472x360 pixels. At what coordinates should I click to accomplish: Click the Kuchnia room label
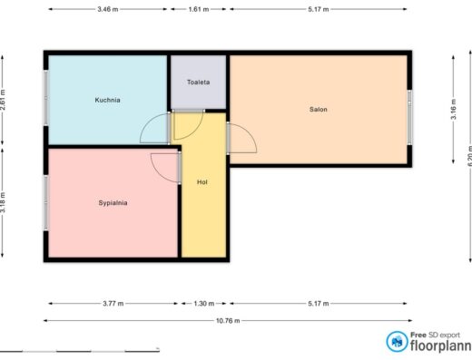pos(107,100)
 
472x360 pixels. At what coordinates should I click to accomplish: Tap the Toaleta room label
pos(198,83)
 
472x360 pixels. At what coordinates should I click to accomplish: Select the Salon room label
pos(319,110)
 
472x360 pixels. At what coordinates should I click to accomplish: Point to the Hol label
pos(202,182)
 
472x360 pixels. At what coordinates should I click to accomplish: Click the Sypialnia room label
pos(113,203)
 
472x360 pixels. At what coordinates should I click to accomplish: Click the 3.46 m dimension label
pos(108,9)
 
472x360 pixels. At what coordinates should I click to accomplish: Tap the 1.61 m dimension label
pos(199,9)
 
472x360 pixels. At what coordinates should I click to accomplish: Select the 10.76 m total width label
pos(228,321)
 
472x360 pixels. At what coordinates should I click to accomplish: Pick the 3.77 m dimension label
pos(113,304)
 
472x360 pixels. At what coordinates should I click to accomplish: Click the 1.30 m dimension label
pos(204,304)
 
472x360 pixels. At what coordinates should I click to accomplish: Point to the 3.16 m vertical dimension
pos(454,110)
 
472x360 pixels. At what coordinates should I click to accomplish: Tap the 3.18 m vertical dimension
pos(3,202)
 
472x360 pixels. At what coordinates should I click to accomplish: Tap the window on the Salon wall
pos(409,117)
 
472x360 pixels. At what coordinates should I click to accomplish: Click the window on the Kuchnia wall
pos(46,98)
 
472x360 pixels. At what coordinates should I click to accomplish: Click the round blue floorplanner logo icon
pos(397,342)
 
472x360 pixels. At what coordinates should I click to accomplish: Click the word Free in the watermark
pos(418,335)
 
